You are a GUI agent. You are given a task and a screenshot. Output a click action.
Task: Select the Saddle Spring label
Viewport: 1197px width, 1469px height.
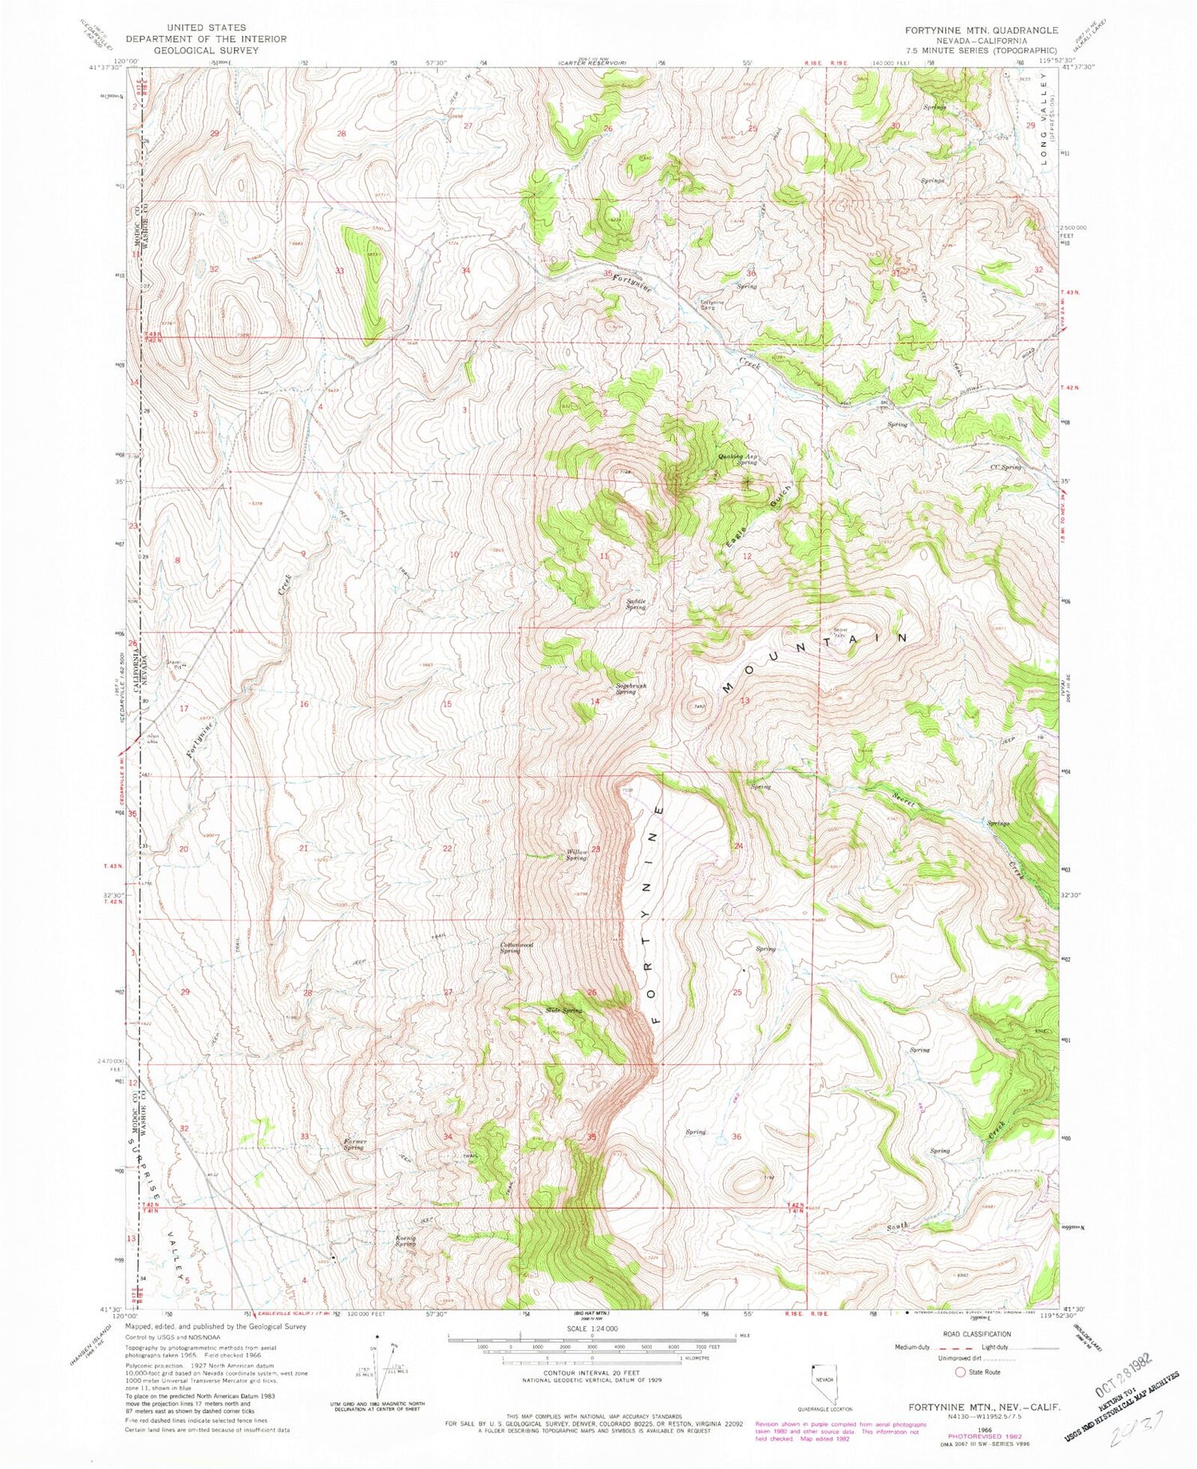[635, 604]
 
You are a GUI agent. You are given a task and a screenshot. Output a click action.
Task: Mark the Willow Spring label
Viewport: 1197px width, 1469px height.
[577, 854]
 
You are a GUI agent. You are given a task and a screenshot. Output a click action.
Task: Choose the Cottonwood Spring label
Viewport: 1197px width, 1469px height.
[516, 948]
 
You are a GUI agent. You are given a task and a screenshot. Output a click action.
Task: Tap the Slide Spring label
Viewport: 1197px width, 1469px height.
[564, 1011]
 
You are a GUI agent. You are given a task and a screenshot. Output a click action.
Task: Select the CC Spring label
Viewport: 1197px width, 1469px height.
[1005, 467]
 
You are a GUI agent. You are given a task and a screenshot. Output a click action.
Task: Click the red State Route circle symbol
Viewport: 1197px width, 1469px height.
[960, 1372]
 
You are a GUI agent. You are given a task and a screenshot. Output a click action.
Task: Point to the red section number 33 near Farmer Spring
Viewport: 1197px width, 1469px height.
[304, 1135]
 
